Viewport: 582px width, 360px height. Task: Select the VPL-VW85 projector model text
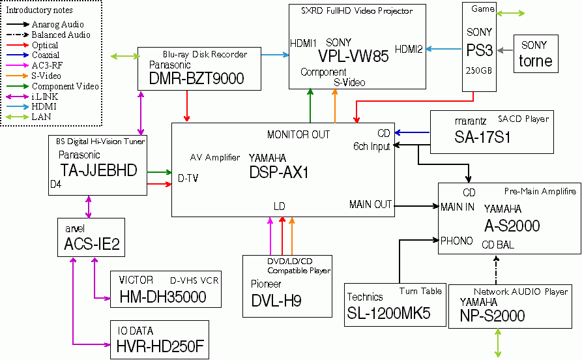click(353, 56)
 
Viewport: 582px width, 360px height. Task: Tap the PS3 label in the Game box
click(480, 51)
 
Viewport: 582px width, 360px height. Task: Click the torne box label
click(536, 61)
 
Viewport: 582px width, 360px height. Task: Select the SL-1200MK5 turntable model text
click(388, 313)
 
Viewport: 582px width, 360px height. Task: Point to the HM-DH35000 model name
click(163, 297)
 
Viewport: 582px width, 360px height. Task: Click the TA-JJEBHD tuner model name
click(98, 170)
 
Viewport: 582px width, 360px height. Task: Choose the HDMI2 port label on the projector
click(409, 48)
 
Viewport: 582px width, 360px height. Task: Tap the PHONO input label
click(457, 241)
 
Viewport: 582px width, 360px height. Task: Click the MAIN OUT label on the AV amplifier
click(370, 204)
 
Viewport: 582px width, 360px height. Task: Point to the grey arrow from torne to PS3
click(504, 48)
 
